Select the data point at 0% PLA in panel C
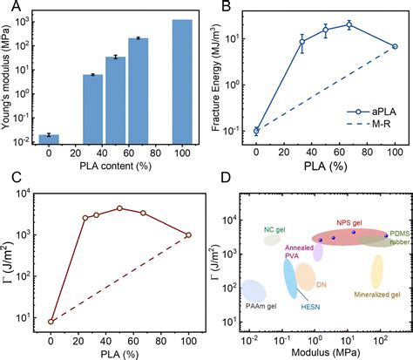pyautogui.click(x=51, y=321)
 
